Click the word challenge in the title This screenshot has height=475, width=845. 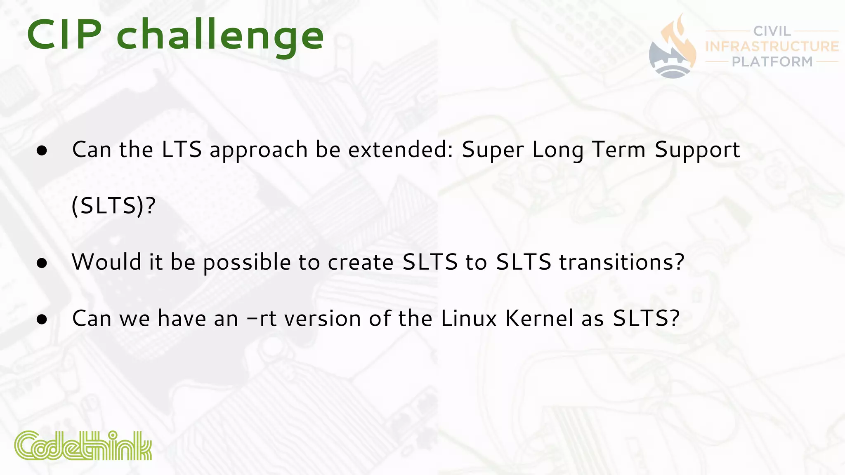220,37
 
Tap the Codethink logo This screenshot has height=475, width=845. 83,446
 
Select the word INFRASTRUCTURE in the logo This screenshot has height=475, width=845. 772,46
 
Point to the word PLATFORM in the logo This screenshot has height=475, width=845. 772,62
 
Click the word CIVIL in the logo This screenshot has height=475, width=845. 772,31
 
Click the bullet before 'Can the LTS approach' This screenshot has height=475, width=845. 42,151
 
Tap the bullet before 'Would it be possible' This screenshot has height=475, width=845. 42,263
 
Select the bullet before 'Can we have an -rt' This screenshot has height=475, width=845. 42,320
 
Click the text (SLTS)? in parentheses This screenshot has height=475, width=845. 113,206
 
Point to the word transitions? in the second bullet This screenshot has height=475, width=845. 622,262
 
